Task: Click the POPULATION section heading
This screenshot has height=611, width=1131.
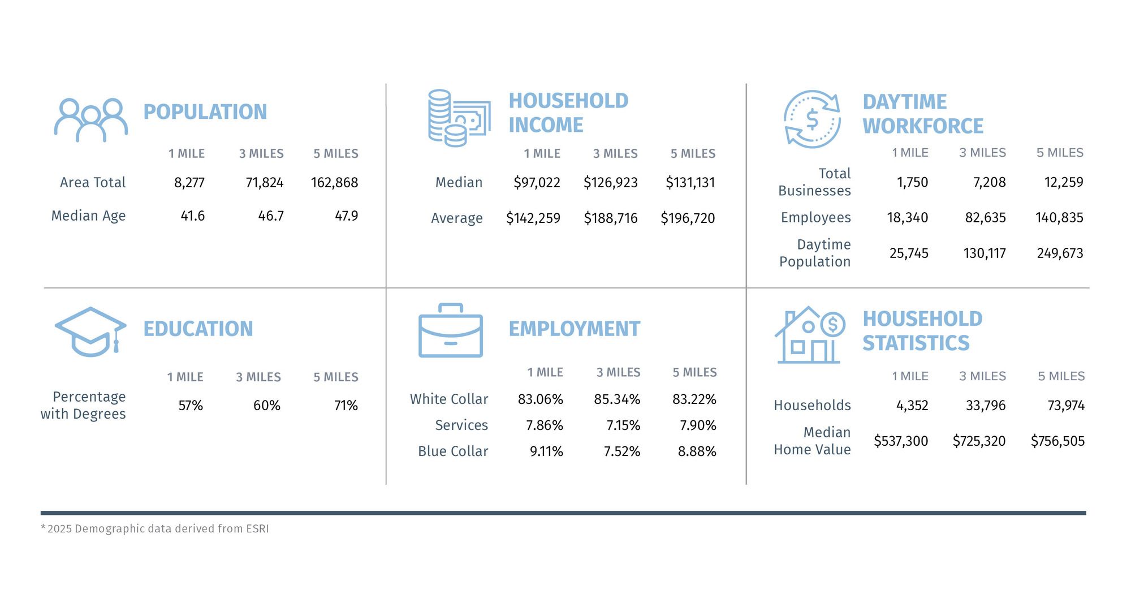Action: [205, 112]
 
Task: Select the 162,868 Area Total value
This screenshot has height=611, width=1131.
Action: [334, 183]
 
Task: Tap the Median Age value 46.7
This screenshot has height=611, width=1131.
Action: [271, 216]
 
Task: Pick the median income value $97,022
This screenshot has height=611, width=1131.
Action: [537, 183]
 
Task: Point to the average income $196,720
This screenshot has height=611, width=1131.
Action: [688, 218]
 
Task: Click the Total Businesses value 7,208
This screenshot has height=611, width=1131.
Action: [989, 182]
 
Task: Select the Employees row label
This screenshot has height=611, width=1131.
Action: [815, 218]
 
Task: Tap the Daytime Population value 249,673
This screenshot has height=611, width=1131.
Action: [1060, 253]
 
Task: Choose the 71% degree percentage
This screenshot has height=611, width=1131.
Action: [346, 406]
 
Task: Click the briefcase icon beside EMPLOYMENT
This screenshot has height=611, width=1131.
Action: [450, 331]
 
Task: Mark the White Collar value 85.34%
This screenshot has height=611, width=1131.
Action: [617, 399]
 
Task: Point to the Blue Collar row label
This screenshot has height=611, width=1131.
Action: [452, 451]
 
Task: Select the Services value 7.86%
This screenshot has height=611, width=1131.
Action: [544, 425]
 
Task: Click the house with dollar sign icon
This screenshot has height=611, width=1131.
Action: [809, 335]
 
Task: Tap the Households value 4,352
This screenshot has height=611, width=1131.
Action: [912, 406]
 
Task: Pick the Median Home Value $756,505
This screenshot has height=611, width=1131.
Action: [1057, 441]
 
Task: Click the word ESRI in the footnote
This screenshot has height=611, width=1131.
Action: [257, 529]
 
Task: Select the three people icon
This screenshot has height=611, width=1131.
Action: [90, 120]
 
